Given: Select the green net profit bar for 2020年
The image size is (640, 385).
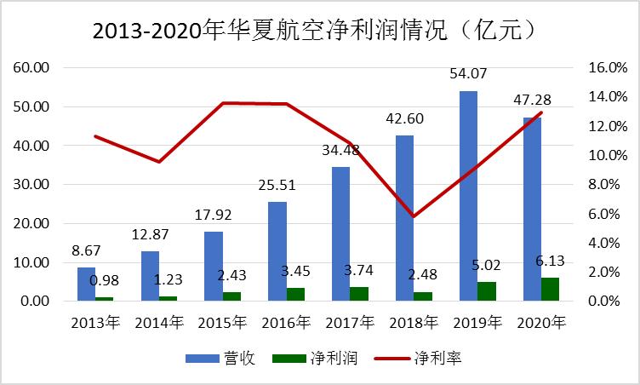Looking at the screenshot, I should tap(550, 290).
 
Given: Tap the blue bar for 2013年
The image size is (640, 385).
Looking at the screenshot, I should tap(86, 284).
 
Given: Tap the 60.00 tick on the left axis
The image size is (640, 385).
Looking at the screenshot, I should tap(30, 67).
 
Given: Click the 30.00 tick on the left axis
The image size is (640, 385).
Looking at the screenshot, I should tap(30, 185).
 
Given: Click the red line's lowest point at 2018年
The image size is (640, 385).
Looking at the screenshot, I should tap(414, 216).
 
